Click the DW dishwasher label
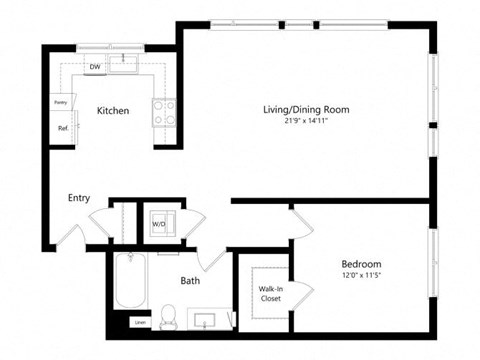[94, 67]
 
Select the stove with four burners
[164, 110]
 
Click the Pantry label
[60, 102]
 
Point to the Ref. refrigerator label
[62, 127]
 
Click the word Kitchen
[112, 111]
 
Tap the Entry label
[79, 198]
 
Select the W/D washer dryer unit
[160, 223]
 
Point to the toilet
[169, 318]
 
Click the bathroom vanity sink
[207, 321]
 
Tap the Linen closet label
[139, 322]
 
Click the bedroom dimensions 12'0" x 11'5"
[361, 277]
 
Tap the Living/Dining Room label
[305, 109]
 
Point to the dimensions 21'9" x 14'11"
[305, 122]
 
